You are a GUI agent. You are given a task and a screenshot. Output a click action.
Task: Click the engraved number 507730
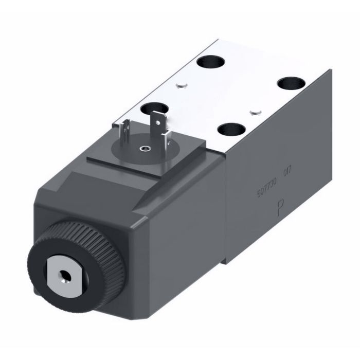tap(267, 190)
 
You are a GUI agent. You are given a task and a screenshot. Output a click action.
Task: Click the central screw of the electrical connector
tap(143, 150)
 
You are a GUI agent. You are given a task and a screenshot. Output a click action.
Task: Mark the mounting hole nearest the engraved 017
tap(229, 129)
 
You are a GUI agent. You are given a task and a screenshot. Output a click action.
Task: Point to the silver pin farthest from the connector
tap(252, 111)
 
